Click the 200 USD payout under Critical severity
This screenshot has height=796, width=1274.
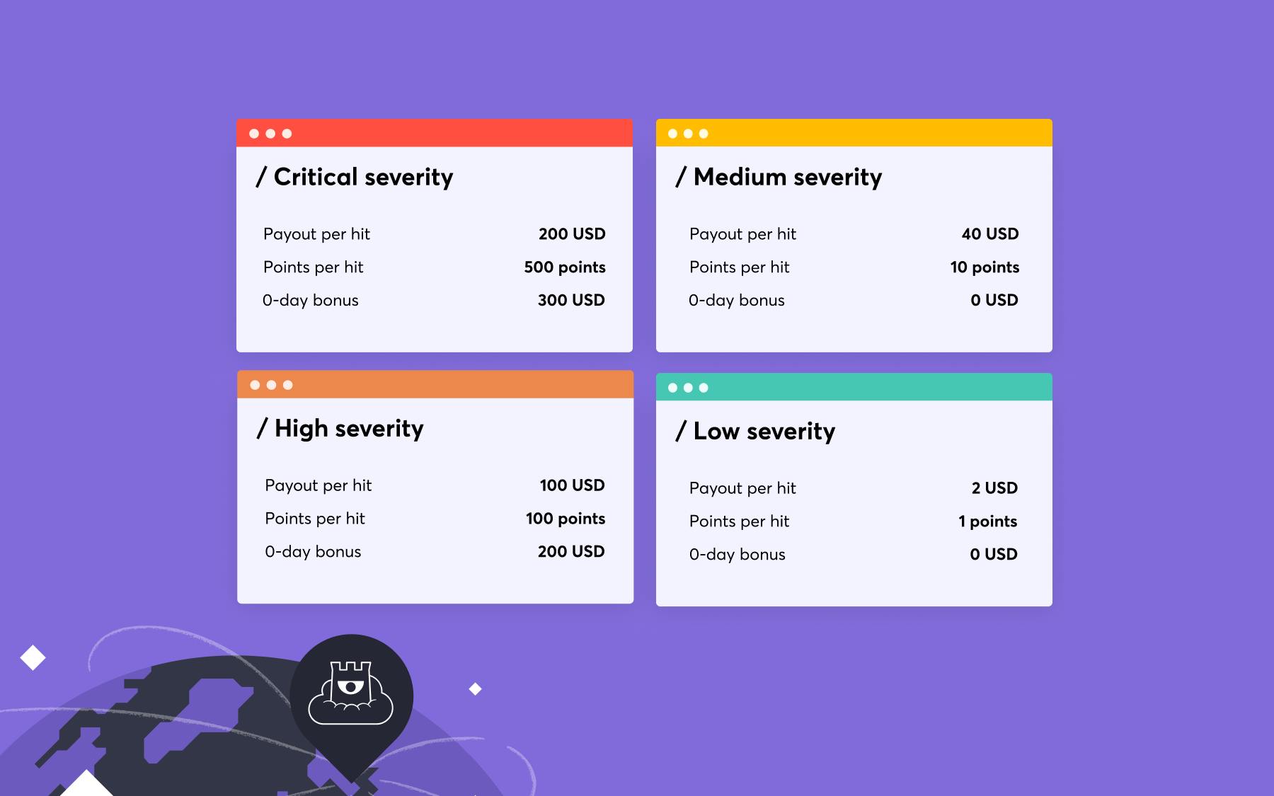572,234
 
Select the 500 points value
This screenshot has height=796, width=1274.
565,267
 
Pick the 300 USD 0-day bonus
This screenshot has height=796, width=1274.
571,300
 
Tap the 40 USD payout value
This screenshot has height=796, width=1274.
989,234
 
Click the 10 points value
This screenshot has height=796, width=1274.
985,267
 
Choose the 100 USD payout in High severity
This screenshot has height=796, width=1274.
572,485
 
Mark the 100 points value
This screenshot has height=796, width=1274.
566,519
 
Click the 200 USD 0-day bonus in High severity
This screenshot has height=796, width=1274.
571,552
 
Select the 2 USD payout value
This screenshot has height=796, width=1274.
994,488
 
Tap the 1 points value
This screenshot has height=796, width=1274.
987,521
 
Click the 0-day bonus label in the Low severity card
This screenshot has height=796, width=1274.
737,555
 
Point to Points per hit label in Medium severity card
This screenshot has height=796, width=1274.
739,267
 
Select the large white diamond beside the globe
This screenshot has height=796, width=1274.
33,657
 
